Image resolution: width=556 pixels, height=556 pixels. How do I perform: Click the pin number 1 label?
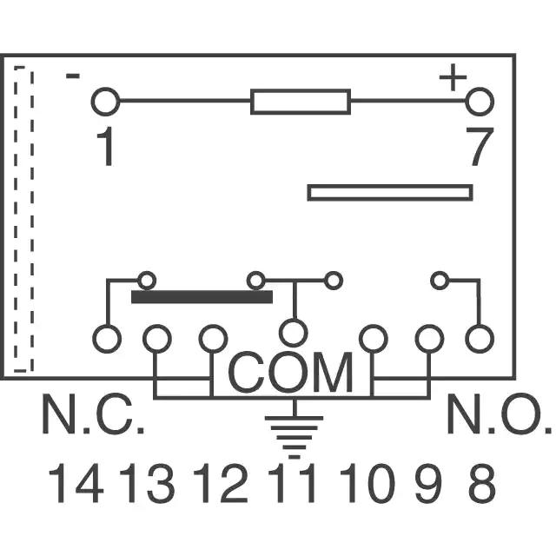pos(106,146)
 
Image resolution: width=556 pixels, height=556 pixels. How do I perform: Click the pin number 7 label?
pos(480,146)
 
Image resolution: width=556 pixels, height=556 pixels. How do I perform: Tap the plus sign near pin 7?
pos(453,77)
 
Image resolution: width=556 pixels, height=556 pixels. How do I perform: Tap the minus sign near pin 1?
pos(73,76)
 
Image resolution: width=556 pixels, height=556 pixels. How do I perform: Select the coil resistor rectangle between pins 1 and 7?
pos(301,102)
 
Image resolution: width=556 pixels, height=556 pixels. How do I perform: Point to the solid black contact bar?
pos(202,297)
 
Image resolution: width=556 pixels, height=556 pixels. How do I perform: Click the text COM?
pos(290,373)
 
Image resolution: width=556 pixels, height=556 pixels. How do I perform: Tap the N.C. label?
pos(93,414)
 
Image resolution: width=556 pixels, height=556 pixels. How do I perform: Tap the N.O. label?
pos(500,414)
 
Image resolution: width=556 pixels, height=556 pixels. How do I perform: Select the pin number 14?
pos(76,483)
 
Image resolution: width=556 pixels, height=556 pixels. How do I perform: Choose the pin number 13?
pos(147,483)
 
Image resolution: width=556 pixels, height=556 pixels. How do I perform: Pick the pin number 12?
pos(220,483)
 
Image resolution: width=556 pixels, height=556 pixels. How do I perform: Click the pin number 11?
pos(292,483)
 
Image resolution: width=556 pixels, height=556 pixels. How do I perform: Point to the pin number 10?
pos(367,483)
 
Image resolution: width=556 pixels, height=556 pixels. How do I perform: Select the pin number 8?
pos(481,483)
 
